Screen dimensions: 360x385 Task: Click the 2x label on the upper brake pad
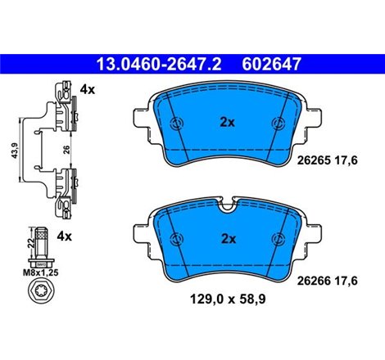227,123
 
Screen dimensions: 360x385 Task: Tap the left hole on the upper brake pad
174,124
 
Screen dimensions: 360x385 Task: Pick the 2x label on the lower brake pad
227,239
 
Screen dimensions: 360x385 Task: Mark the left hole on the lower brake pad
174,238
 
